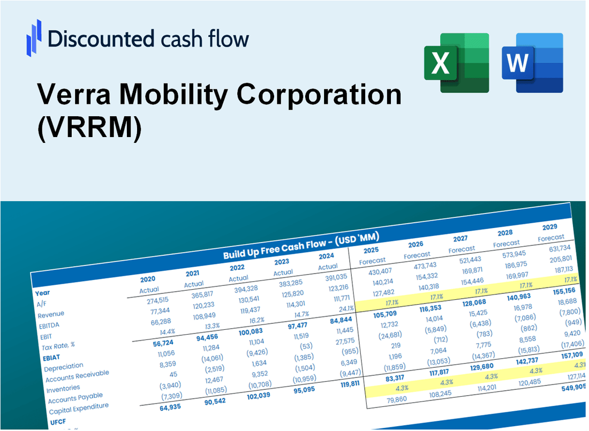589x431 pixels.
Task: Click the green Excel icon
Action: coord(456,63)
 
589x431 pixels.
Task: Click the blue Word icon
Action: coord(532,63)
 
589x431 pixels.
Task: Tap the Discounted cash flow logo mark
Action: coord(34,38)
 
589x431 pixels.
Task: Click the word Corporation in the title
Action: coord(320,95)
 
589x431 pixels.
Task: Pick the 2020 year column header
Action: coord(148,279)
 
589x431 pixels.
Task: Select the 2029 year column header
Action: coord(549,227)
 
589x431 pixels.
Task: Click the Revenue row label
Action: coord(51,314)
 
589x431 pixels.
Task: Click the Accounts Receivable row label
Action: coord(77,376)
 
